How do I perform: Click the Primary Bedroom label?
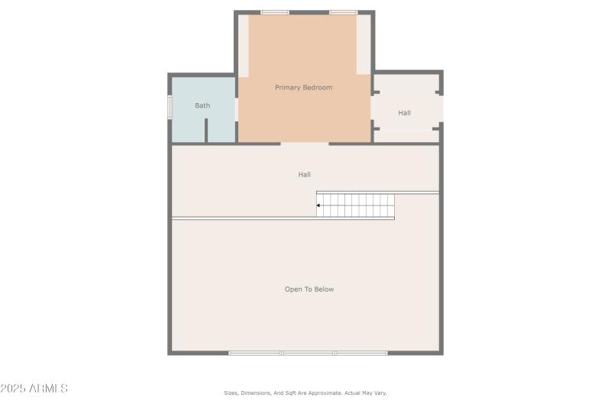point(303,88)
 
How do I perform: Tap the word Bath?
point(202,105)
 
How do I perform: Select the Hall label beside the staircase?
point(304,175)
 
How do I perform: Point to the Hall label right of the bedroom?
point(404,113)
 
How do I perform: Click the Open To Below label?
point(309,289)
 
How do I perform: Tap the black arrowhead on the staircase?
point(318,205)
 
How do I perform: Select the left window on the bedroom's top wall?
point(275,12)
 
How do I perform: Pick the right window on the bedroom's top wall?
point(343,12)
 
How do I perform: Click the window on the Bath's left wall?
point(170,106)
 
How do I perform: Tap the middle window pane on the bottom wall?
point(308,353)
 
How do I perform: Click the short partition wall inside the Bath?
point(206,131)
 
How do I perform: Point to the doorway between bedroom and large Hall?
point(305,144)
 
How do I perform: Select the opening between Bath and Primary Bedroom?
point(237,108)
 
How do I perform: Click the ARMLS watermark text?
point(47,389)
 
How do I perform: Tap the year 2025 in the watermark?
point(13,389)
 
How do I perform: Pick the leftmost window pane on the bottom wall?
point(255,353)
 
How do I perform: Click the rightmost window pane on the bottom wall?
point(360,353)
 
